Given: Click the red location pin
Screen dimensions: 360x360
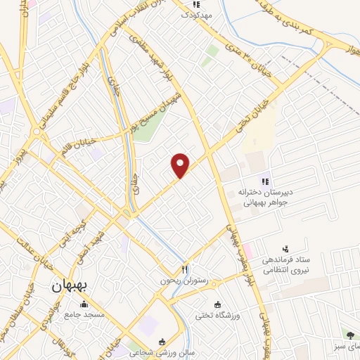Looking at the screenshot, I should click(181, 165).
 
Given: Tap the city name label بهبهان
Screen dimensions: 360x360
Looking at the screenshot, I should click(70, 288).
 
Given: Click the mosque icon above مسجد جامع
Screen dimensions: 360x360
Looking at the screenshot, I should click(85, 304).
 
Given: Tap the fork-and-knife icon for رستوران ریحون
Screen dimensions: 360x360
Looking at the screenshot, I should click(185, 268).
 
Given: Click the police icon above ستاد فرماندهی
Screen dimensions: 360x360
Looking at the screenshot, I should click(285, 249).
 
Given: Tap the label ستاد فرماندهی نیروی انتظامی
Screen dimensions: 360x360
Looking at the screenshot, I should click(285, 265).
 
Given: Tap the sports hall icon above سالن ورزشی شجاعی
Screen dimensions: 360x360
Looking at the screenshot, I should click(163, 341).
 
